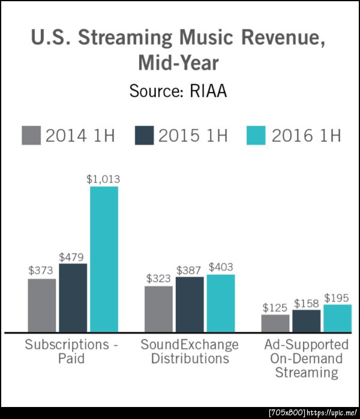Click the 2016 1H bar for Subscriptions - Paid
click(x=104, y=259)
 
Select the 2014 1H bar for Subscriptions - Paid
click(x=41, y=305)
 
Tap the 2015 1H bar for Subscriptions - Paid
click(x=73, y=297)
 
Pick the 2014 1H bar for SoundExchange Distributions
click(x=158, y=309)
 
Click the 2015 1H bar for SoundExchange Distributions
click(x=190, y=304)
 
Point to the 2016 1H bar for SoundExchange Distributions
click(x=221, y=303)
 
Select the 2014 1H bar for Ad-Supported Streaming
click(x=275, y=323)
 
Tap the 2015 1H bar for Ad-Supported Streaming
click(x=307, y=321)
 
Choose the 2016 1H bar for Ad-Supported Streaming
click(x=337, y=318)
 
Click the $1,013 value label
click(x=104, y=179)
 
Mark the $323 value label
click(x=158, y=279)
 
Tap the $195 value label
click(x=337, y=298)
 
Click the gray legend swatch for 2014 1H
click(x=31, y=135)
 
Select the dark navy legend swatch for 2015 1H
click(x=144, y=135)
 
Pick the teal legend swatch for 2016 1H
click(x=256, y=135)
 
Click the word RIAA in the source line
click(x=211, y=92)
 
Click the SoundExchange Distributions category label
click(x=190, y=352)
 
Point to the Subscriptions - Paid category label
click(x=72, y=352)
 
